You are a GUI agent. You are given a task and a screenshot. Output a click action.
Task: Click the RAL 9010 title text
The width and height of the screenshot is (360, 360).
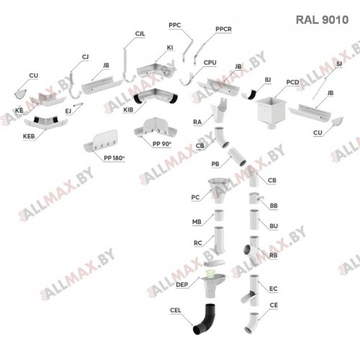322,20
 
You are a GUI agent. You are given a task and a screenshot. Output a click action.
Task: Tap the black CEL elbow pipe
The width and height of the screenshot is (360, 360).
204,319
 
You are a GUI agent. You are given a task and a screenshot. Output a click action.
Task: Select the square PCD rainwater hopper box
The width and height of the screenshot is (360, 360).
271,112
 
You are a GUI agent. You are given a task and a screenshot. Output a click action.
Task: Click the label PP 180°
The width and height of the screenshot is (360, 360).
114,158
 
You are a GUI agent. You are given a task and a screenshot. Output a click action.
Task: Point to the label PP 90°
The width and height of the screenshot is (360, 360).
162,144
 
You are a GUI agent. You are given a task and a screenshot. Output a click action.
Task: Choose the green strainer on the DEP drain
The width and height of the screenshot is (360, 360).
210,275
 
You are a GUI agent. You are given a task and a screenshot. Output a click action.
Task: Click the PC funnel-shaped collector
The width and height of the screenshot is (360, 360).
218,190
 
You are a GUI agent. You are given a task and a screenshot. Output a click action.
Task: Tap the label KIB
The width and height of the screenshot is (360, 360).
128,110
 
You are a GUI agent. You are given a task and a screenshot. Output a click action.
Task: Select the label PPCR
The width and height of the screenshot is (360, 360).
223,30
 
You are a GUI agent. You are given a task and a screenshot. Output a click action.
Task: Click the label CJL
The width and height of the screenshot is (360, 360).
140,34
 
